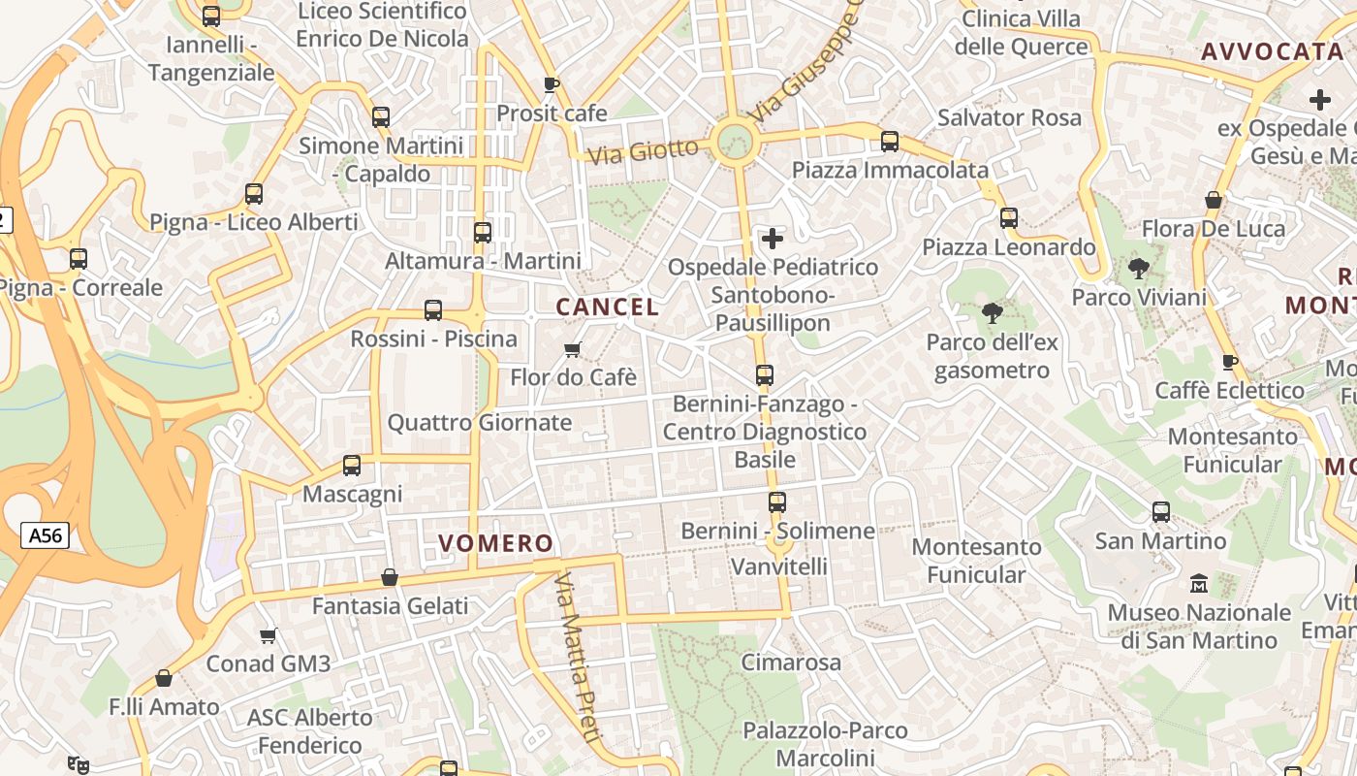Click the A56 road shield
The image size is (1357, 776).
[x=45, y=535]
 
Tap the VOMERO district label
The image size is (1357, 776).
[x=496, y=543]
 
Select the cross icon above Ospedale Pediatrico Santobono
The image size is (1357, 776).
[x=773, y=238]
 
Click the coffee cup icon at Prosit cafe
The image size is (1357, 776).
[x=552, y=85]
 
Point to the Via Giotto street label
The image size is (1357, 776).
[x=643, y=151]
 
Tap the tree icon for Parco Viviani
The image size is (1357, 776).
[x=1139, y=269]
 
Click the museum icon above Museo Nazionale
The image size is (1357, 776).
[x=1199, y=584]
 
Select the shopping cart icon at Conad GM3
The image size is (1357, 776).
[x=268, y=636]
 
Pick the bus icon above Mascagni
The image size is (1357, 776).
[x=352, y=466]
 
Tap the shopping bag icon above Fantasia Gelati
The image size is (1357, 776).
[x=390, y=578]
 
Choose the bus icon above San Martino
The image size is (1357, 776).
[x=1160, y=512]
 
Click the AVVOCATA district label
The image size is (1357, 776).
[x=1273, y=52]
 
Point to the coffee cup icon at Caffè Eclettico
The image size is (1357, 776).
[x=1229, y=363]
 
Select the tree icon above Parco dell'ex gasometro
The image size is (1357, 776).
[x=992, y=313]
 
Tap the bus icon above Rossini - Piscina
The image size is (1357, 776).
[x=433, y=311]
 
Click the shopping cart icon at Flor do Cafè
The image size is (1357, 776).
[x=573, y=349]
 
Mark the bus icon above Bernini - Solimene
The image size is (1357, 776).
[x=777, y=502]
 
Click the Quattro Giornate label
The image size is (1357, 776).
[x=480, y=423]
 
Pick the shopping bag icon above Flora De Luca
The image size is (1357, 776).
[x=1213, y=201]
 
